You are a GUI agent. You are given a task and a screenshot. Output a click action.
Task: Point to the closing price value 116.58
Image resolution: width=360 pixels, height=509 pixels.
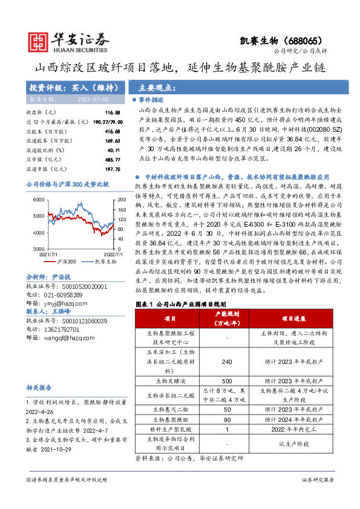point(112,113)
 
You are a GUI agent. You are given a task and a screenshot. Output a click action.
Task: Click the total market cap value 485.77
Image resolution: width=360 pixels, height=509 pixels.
point(112,159)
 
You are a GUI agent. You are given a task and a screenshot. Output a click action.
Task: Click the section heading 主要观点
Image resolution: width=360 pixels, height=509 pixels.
point(154,87)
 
